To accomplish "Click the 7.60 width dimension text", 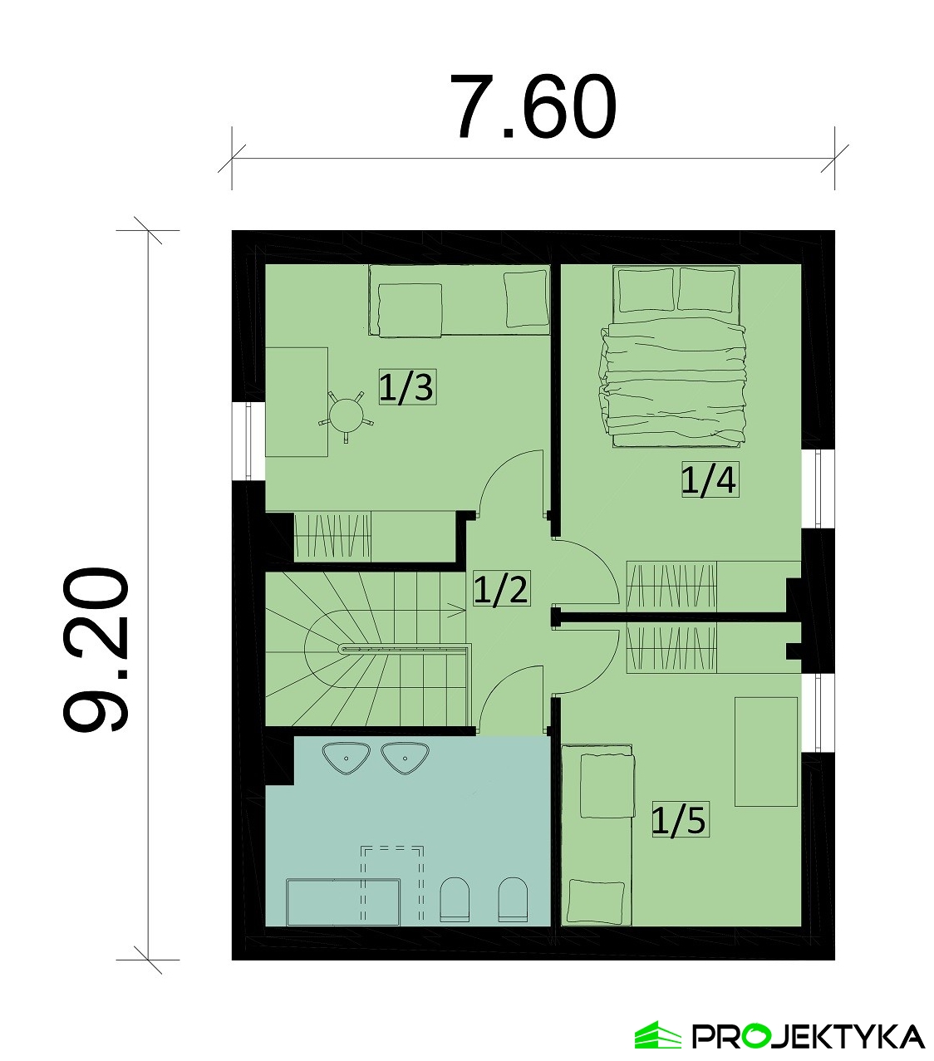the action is point(533,107).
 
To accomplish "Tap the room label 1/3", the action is point(407,387).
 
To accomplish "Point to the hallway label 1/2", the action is point(501,588).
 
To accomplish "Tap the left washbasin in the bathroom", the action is point(347,759).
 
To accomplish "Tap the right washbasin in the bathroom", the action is point(405,759).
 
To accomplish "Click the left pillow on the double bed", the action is point(646,290).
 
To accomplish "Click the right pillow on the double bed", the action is point(707,290).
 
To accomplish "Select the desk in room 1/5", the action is point(766,751).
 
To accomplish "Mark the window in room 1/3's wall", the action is point(248,441).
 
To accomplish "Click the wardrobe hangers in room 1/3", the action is point(332,537).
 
